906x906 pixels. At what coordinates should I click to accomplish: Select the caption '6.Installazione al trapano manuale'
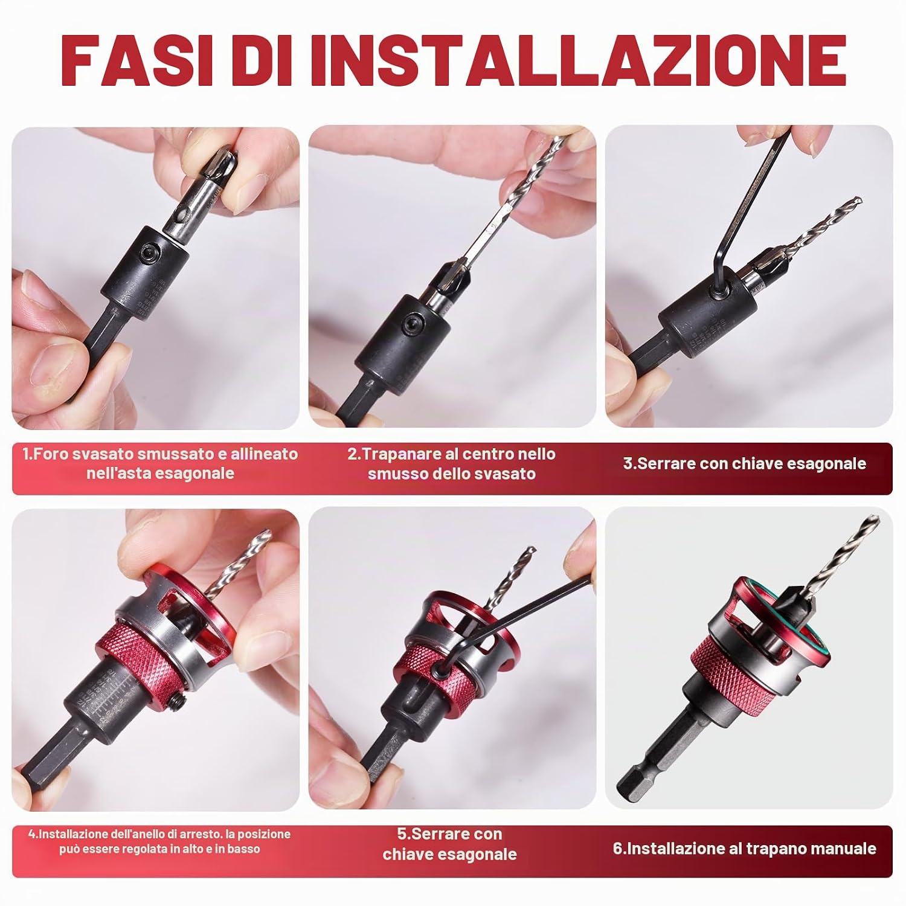744,848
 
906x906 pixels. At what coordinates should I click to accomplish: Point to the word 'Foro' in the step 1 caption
50,454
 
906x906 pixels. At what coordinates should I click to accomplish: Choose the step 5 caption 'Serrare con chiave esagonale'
450,844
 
